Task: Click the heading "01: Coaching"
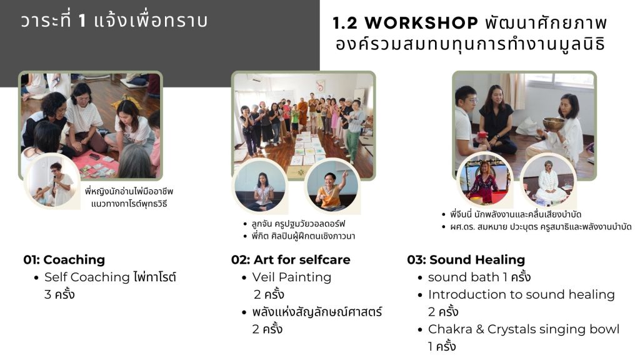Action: (x=64, y=259)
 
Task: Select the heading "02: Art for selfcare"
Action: (x=291, y=259)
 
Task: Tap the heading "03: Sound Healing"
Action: (x=466, y=259)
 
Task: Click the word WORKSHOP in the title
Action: (x=421, y=23)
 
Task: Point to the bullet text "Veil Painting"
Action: (x=291, y=277)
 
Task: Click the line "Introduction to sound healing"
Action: (x=521, y=295)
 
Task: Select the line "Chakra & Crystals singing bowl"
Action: (x=524, y=329)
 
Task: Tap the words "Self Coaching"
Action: (x=87, y=277)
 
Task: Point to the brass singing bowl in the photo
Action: (x=553, y=123)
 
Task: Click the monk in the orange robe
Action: (x=303, y=112)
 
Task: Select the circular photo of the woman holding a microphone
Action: (x=52, y=182)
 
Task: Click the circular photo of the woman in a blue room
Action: (x=261, y=186)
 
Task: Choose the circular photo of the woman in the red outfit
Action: (x=484, y=180)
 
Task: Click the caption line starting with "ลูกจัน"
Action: (x=298, y=224)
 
